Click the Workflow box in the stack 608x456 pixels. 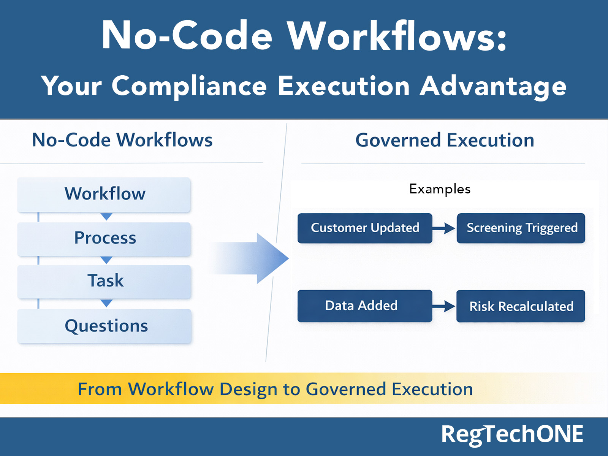(x=104, y=194)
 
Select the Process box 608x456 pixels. (x=104, y=239)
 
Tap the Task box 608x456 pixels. (x=104, y=281)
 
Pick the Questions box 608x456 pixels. (x=105, y=326)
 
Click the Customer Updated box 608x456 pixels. (x=364, y=228)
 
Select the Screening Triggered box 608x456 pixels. (x=521, y=228)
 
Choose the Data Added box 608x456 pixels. (x=364, y=306)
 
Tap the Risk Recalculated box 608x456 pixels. (x=521, y=306)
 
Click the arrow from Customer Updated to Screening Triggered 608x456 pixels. (x=444, y=228)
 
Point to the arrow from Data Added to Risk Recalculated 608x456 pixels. (x=444, y=306)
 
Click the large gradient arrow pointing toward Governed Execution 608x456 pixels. (x=258, y=258)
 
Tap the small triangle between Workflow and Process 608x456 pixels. (x=106, y=217)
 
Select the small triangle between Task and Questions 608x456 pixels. (x=106, y=303)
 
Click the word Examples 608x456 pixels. (x=440, y=189)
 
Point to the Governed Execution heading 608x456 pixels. (x=445, y=140)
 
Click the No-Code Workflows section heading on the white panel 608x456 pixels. (x=122, y=140)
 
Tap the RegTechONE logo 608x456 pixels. (x=512, y=434)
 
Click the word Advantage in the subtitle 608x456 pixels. (x=493, y=86)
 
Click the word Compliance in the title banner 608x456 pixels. (x=189, y=86)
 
